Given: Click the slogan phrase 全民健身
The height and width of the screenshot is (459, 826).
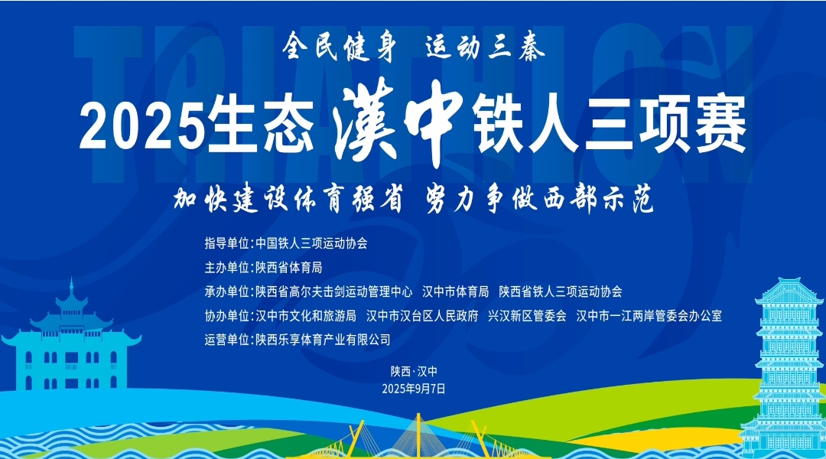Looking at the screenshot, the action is (339, 47).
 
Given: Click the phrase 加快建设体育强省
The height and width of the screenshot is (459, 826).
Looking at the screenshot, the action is (288, 199).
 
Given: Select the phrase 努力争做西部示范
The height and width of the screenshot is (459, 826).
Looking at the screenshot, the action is (539, 199).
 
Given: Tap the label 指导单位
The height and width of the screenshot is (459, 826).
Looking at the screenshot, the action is (226, 243).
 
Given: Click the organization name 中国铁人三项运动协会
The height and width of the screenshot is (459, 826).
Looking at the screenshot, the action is (311, 243).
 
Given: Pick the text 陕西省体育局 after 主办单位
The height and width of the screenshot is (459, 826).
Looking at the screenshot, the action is (288, 268).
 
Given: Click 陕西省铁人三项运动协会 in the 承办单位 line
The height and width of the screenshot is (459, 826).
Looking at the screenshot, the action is (561, 291).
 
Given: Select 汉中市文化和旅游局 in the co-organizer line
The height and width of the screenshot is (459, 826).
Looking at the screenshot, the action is (305, 316).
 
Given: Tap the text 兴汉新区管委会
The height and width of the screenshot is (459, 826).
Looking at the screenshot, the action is (527, 316).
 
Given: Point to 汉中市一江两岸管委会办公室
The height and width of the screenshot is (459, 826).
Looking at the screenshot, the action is (649, 316).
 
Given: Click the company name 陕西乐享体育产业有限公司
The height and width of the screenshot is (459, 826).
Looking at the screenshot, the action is (323, 340).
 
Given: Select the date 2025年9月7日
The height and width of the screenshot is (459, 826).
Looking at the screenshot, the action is (414, 389).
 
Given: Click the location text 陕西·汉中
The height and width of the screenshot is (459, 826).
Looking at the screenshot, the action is (414, 372).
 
